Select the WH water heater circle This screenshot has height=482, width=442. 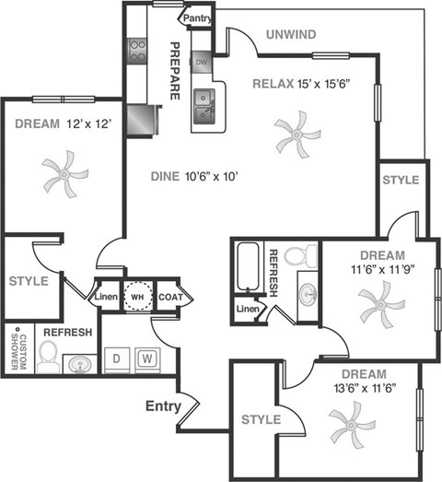point(137,297)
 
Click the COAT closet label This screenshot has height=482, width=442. point(170,297)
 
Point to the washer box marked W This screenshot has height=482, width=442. point(146,358)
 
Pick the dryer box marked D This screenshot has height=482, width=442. point(117,358)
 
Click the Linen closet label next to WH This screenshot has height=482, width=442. point(105,297)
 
